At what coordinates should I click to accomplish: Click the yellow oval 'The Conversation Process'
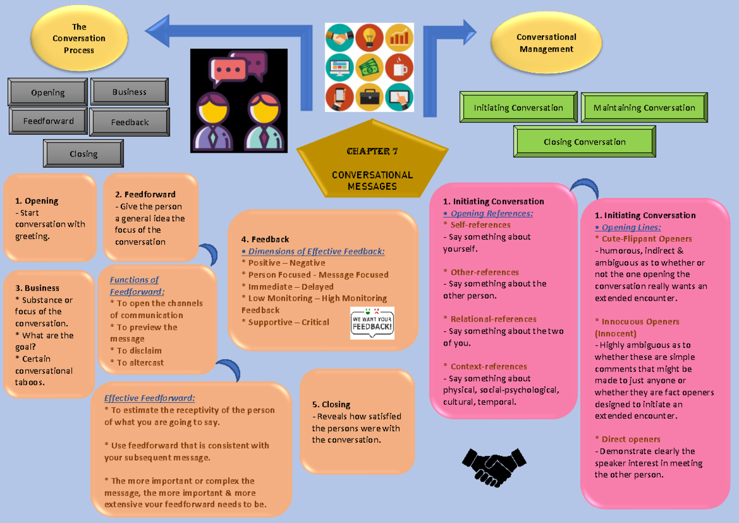[x=79, y=38]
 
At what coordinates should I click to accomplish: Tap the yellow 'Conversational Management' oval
[x=546, y=43]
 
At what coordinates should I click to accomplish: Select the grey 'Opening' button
[x=48, y=92]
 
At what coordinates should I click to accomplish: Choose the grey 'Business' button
[x=129, y=92]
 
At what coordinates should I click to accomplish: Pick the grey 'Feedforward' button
[x=49, y=121]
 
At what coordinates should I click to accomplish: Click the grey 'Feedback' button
[x=129, y=122]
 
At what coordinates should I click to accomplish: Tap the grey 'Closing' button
[x=83, y=153]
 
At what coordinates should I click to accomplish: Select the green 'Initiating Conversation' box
[x=518, y=108]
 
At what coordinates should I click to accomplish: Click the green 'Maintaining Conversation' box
[x=644, y=108]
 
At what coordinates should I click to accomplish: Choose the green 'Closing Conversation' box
[x=584, y=142]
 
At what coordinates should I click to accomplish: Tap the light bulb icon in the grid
[x=369, y=37]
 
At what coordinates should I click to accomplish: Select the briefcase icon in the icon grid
[x=369, y=96]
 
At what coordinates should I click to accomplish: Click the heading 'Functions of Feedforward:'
[x=134, y=286]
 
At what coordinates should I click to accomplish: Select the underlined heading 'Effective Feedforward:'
[x=150, y=398]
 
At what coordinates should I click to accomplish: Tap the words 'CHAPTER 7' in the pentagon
[x=372, y=152]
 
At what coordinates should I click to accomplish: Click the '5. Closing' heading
[x=331, y=405]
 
